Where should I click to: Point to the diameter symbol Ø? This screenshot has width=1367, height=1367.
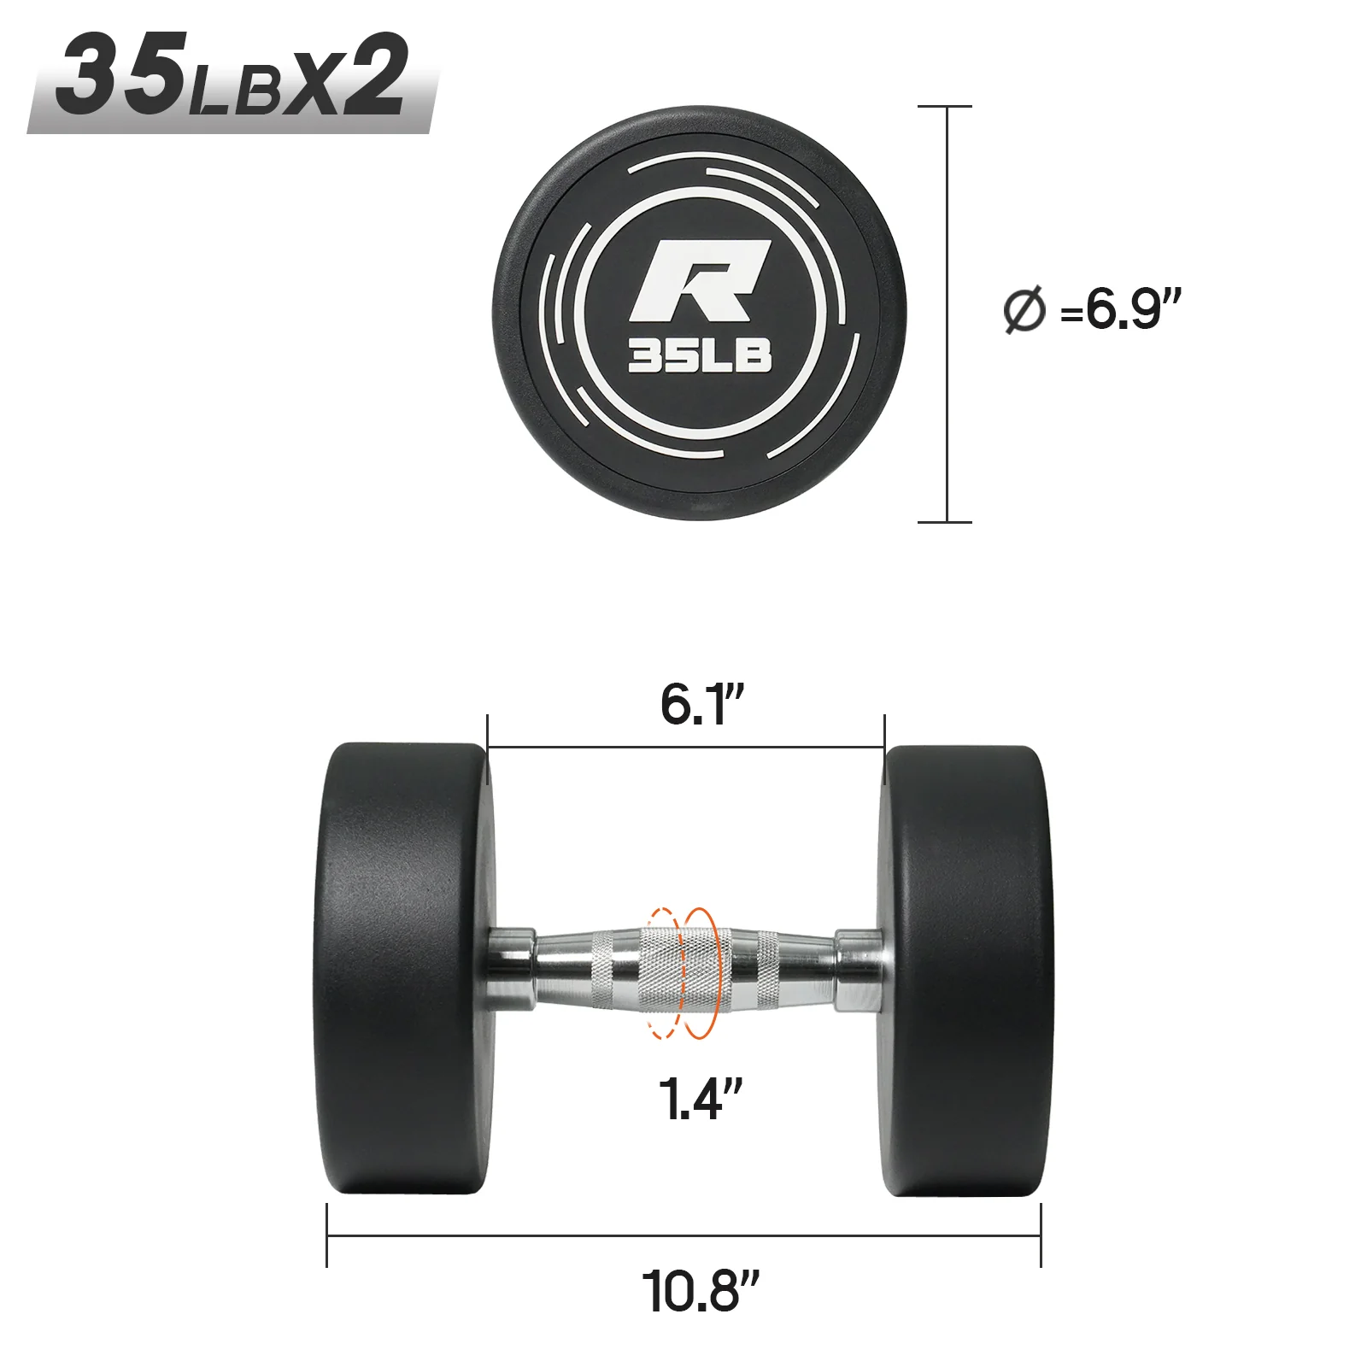point(1024,311)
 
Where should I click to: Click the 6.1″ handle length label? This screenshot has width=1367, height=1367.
point(702,705)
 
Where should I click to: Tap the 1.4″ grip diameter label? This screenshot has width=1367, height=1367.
point(700,1099)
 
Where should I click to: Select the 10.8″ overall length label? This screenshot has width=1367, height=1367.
point(700,1291)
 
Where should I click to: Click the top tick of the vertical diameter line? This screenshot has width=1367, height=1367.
point(945,107)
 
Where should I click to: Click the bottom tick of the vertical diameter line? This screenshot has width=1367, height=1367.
point(945,521)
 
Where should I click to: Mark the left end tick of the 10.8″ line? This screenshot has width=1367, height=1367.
point(327,1235)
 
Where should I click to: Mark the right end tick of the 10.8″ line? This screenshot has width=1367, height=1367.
point(1041,1235)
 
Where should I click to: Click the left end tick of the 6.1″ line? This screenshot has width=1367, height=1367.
point(487,747)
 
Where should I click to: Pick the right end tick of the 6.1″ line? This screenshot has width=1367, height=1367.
point(884,747)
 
